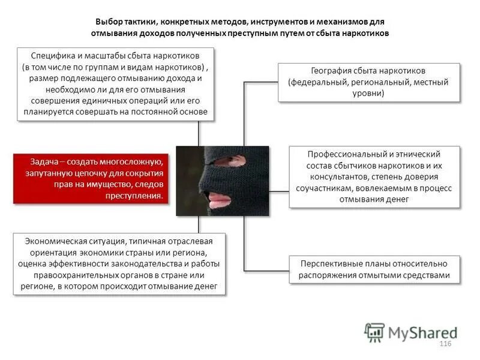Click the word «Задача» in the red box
point(44,161)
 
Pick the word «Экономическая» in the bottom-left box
point(56,241)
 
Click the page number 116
point(445,343)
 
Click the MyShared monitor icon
point(374,332)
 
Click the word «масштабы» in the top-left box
point(104,55)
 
